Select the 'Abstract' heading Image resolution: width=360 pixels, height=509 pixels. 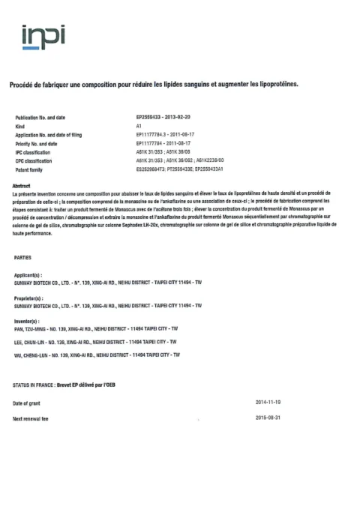click(x=22, y=185)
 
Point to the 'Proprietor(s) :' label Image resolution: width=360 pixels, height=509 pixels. click(x=31, y=298)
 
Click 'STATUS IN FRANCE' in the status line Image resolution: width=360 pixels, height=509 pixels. click(x=33, y=385)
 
